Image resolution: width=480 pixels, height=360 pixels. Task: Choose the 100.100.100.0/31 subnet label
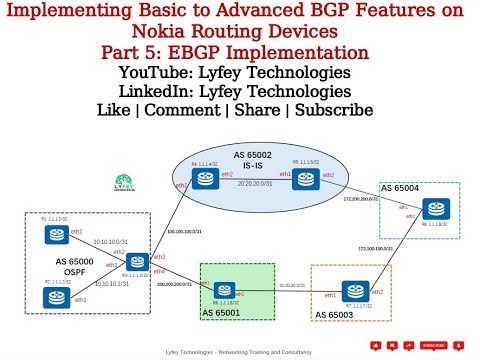click(x=180, y=231)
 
